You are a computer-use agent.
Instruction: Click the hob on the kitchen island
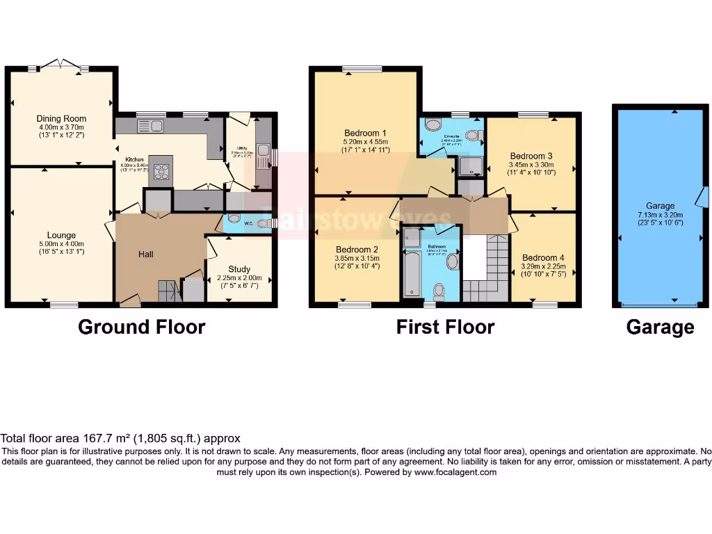(x=162, y=172)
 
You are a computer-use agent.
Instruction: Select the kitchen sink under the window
(x=150, y=126)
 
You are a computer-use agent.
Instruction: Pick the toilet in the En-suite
(x=474, y=135)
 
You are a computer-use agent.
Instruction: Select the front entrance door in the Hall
(x=130, y=301)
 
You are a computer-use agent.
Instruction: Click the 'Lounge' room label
(x=61, y=235)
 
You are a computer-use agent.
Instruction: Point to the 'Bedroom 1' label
(x=365, y=133)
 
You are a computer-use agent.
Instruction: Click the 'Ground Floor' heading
(x=142, y=327)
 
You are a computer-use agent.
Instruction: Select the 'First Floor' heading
(x=445, y=327)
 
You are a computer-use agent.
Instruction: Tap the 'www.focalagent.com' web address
(x=455, y=472)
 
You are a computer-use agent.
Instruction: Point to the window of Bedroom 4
(x=545, y=305)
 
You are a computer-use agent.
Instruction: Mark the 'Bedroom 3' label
(x=531, y=156)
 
